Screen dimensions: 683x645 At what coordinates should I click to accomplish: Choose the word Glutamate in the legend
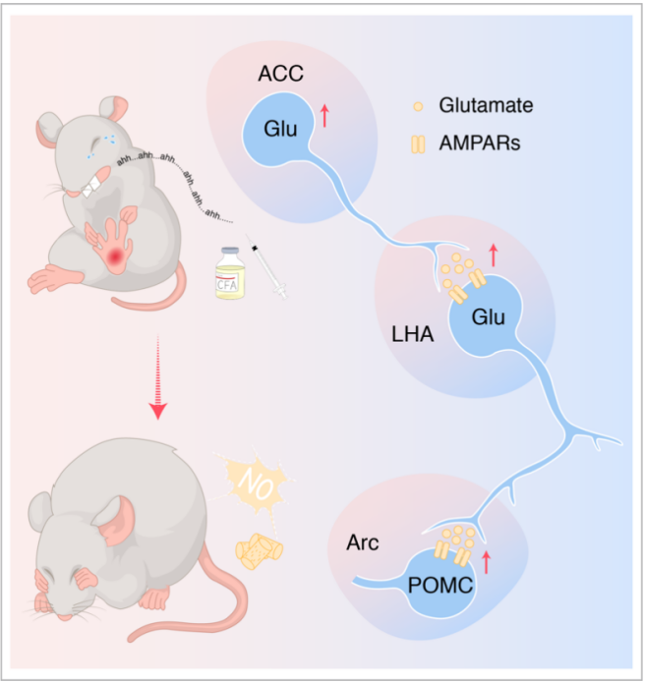coord(478,104)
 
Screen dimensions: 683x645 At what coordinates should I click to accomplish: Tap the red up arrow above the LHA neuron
coord(493,256)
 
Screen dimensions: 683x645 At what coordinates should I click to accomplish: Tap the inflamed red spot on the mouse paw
coord(117,257)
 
